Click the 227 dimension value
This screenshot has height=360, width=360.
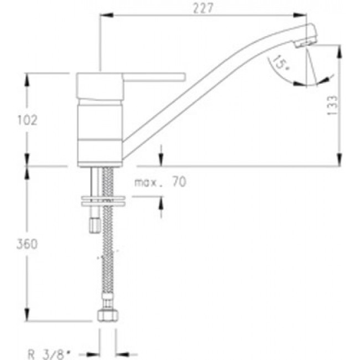(x=203, y=8)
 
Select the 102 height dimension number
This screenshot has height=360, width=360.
(x=27, y=120)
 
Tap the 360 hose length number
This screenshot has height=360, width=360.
(x=27, y=244)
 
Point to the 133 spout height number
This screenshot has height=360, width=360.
(x=333, y=105)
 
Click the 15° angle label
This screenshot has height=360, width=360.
(x=281, y=63)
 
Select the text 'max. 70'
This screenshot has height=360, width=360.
(x=160, y=182)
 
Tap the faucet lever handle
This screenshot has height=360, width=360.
(x=154, y=77)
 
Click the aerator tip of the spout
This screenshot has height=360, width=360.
(x=305, y=43)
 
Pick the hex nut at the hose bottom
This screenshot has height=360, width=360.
(x=107, y=316)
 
